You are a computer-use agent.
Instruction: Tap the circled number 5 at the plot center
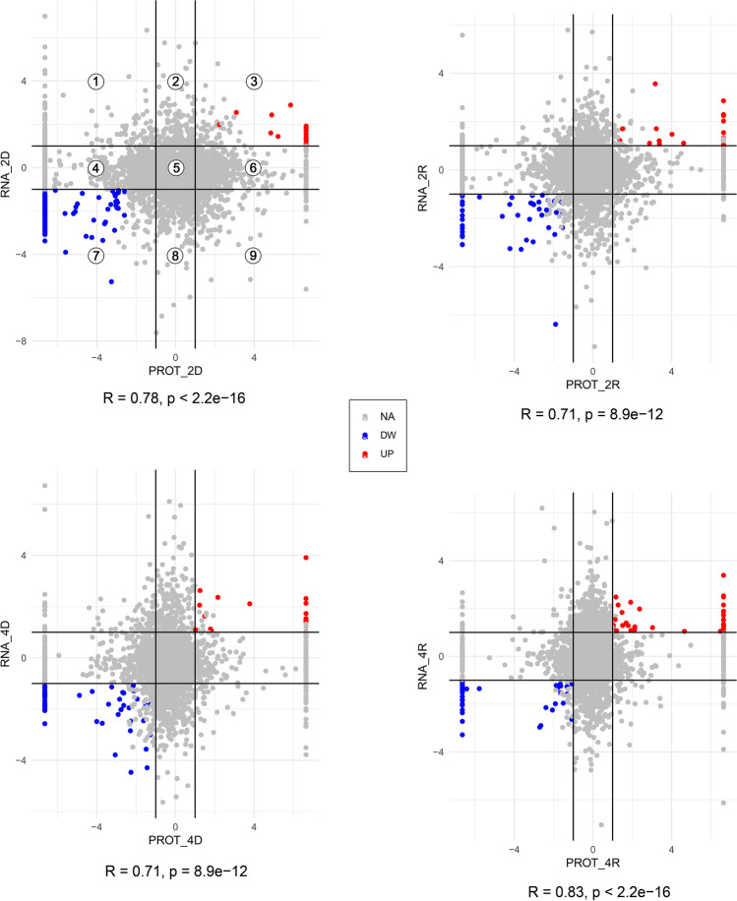[x=175, y=168]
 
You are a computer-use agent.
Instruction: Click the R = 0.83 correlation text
[x=593, y=891]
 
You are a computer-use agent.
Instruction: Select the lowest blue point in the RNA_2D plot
[x=111, y=281]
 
